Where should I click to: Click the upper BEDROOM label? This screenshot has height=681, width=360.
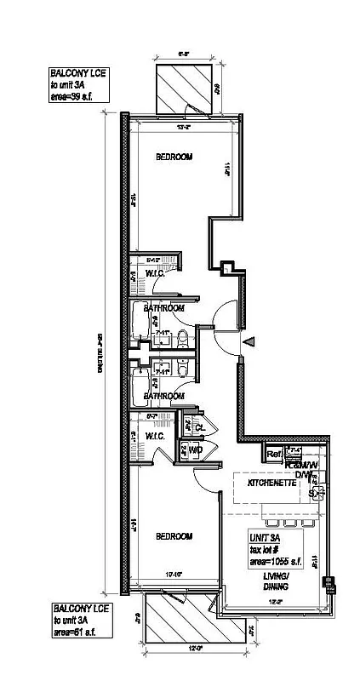point(174,158)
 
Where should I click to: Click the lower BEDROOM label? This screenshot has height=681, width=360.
point(174,537)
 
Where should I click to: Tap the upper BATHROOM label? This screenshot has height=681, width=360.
point(163,307)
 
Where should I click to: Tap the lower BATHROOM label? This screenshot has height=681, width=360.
point(163,397)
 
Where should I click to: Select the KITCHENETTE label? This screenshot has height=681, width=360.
point(271,483)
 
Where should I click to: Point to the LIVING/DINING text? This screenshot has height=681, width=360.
point(275,581)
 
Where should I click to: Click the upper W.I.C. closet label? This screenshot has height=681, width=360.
point(155,273)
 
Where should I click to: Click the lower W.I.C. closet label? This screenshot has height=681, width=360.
point(155,436)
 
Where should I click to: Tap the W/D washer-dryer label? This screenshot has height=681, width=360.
point(194,449)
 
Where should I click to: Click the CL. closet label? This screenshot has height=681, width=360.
point(198,426)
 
